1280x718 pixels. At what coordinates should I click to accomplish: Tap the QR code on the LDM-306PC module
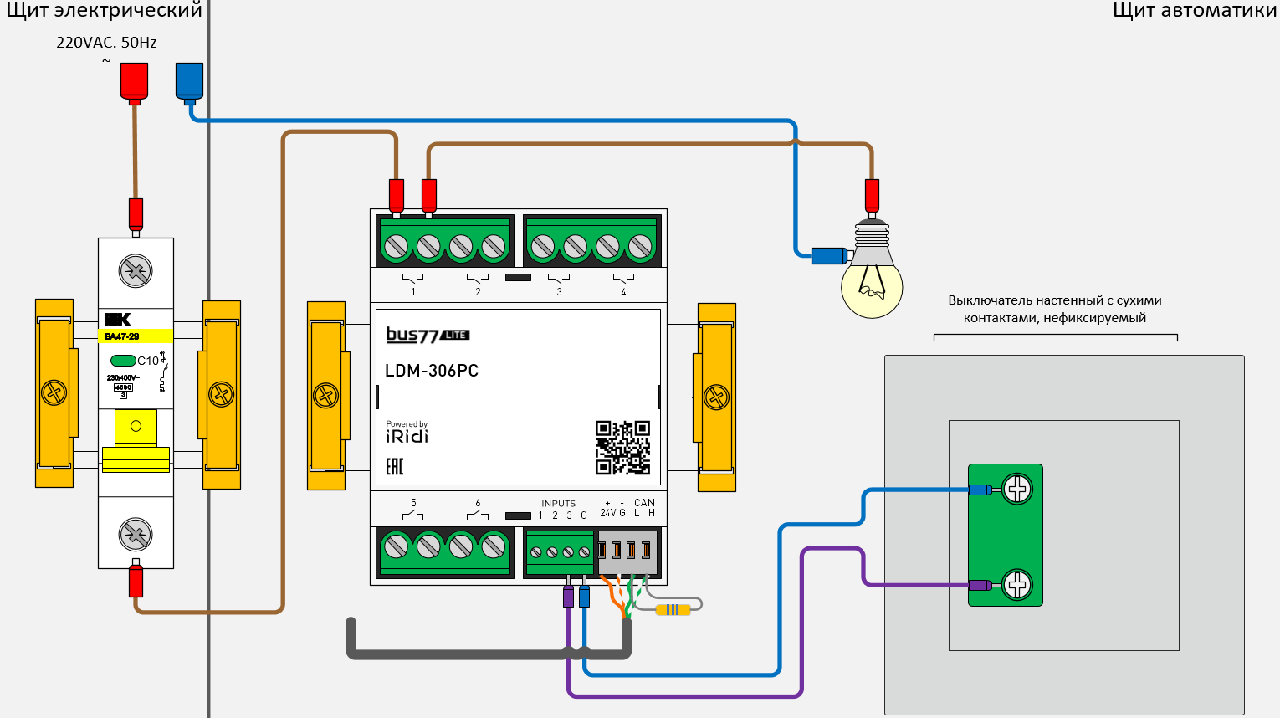pos(622,448)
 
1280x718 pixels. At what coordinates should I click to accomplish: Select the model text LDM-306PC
pos(432,371)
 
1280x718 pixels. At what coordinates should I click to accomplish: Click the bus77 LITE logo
pos(428,335)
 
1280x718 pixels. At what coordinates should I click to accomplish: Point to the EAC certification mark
pos(395,466)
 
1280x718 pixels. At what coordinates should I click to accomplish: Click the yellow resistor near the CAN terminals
pos(673,610)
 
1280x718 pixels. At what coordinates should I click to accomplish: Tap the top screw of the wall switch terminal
pos(1017,489)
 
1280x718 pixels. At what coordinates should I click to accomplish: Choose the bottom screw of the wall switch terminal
pos(1017,584)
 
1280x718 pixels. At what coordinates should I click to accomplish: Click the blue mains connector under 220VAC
pos(189,81)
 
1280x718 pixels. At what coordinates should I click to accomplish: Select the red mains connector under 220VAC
pos(134,81)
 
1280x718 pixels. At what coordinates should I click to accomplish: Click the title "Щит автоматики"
pos(1194,11)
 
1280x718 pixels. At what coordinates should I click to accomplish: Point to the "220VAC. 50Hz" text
pos(106,43)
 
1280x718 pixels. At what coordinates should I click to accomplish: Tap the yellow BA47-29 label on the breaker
pos(136,336)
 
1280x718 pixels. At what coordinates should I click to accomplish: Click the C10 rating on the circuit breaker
pos(148,361)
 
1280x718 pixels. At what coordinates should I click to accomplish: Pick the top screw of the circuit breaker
pos(136,270)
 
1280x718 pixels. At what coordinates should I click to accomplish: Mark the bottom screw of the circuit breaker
pos(136,534)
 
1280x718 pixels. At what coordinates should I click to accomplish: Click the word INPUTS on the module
pos(558,504)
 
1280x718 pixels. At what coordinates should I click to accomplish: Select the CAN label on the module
pos(644,503)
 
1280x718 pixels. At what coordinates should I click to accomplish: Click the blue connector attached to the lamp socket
pos(828,256)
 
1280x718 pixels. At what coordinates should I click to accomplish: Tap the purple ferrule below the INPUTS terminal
pos(569,596)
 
